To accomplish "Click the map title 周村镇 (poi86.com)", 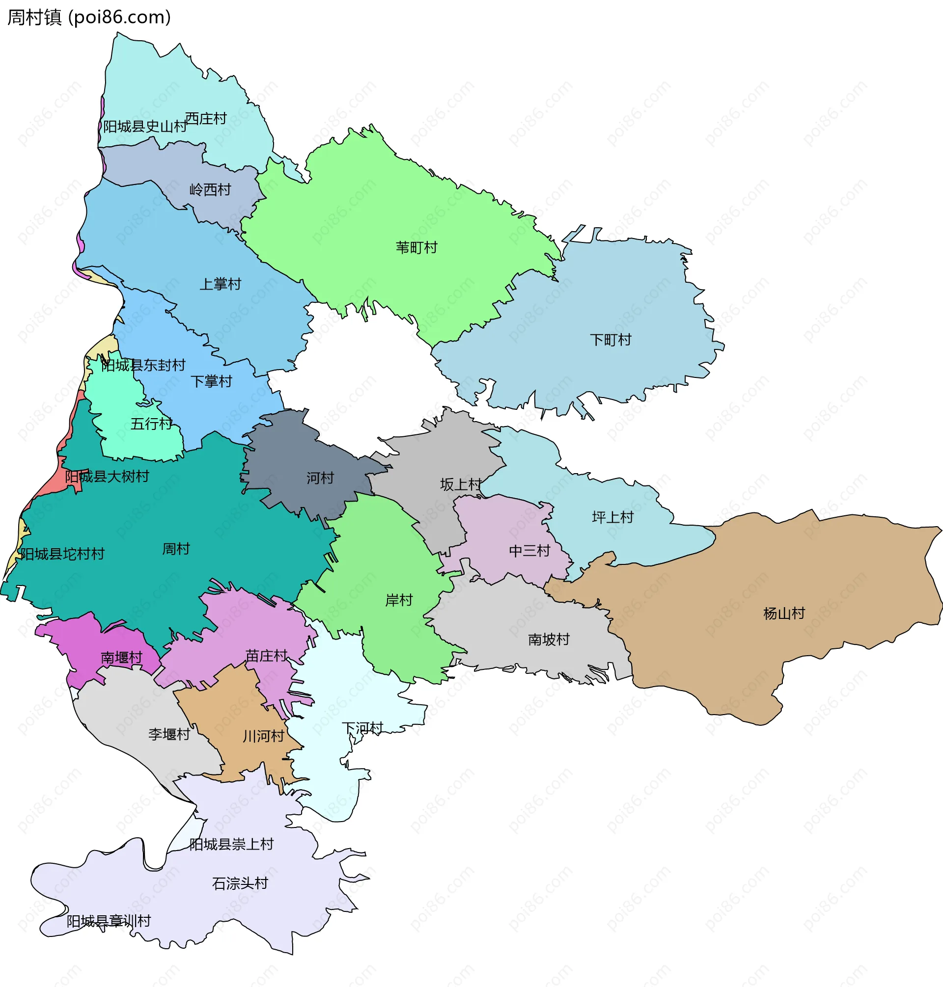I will pos(89,18).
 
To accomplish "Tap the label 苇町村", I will pos(416,248).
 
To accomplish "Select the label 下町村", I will pos(610,340).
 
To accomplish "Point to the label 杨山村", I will pos(784,614).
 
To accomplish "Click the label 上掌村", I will pos(220,284).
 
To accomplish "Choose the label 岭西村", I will pos(210,190).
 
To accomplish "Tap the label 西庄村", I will pos(206,119).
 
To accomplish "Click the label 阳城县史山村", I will pos(145,127).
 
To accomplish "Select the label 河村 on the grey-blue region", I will pos(320,478).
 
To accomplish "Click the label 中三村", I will pos(530,551).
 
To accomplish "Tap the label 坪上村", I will pos(613,517).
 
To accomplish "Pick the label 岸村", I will pos(399,600).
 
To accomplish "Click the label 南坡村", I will pos(549,640).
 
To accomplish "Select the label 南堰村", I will pos(122,658).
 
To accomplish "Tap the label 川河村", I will pos(263,736).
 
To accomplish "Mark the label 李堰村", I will pos(169,734).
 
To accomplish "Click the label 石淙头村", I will pos(240,883).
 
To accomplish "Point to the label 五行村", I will pos(151,424).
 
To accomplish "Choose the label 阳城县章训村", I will pos(109,921).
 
